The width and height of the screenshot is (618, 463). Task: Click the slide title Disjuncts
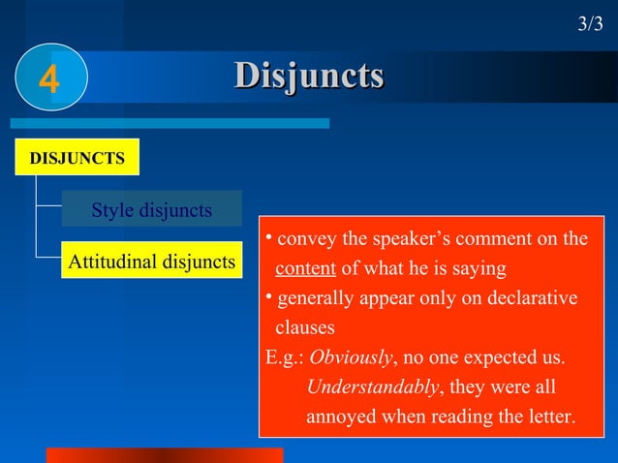309,76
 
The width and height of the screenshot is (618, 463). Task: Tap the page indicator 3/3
590,24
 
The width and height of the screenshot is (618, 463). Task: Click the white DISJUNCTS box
77,158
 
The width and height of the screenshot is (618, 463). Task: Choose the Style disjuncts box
151,210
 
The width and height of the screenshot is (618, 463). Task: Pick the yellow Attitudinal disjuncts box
151,262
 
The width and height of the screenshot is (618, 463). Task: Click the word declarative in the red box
530,298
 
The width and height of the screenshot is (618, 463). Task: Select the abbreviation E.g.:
285,358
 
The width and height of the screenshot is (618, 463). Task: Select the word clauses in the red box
305,328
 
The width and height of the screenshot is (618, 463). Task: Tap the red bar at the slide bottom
165,455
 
